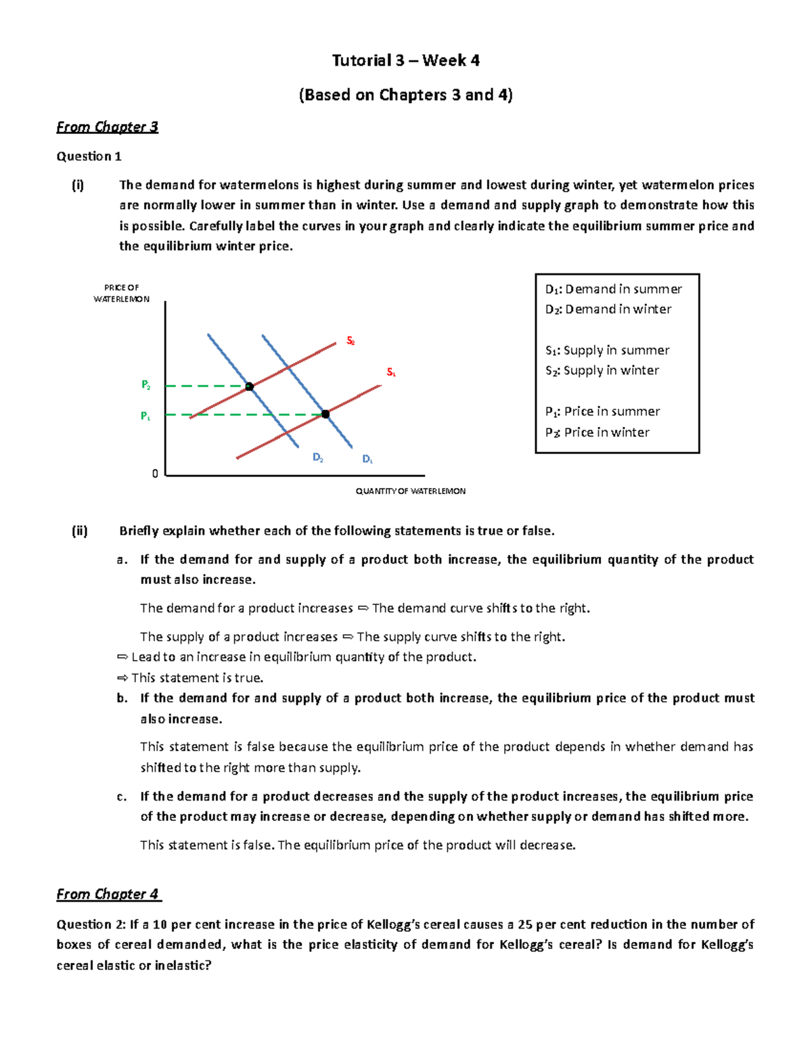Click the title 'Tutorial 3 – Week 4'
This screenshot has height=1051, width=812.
click(x=405, y=60)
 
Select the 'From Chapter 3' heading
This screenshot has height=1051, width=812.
click(x=107, y=127)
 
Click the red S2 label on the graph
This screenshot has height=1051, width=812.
click(x=351, y=341)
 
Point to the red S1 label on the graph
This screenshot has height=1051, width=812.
click(x=391, y=372)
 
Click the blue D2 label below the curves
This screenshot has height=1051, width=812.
click(x=317, y=457)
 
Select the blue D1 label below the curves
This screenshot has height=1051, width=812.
click(x=367, y=460)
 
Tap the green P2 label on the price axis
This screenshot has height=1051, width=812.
click(x=145, y=385)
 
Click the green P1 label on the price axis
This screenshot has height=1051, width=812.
click(x=145, y=416)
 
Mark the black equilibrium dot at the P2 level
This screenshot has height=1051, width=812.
click(x=249, y=386)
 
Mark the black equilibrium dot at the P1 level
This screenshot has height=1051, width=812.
click(x=325, y=414)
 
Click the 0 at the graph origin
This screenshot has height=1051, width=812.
click(x=155, y=474)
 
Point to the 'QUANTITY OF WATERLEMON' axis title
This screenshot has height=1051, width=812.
click(x=410, y=491)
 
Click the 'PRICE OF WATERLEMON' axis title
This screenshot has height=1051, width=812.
click(x=122, y=293)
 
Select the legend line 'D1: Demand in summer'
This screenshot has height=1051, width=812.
click(x=613, y=289)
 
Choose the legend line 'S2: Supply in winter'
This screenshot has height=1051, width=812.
click(x=602, y=370)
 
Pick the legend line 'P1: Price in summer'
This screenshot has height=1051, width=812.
click(x=602, y=411)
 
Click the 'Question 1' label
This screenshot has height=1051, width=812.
click(x=89, y=156)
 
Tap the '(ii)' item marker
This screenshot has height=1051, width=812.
click(x=80, y=531)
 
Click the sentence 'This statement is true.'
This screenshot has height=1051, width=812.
click(x=197, y=677)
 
